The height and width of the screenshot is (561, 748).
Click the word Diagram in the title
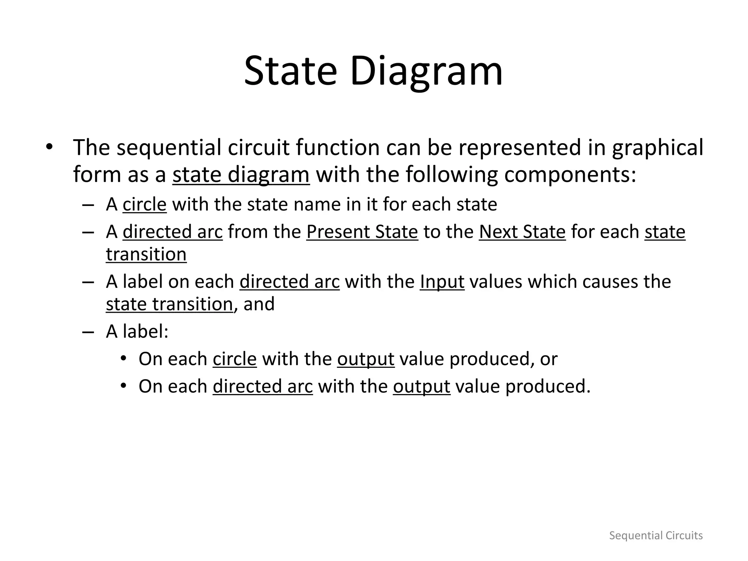tap(426, 71)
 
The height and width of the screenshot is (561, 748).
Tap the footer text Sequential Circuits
tap(656, 535)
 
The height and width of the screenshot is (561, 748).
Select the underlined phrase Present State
tap(362, 232)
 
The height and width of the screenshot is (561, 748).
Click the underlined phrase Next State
tap(522, 232)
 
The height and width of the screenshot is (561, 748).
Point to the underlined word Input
tap(442, 282)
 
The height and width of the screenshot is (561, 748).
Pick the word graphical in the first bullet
tap(657, 148)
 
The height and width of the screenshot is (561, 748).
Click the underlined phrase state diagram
tap(241, 175)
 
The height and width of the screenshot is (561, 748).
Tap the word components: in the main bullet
tap(570, 175)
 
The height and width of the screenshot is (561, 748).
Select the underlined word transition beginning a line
tap(146, 254)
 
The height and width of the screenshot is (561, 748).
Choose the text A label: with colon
tap(137, 332)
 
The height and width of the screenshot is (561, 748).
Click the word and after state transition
tap(259, 304)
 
